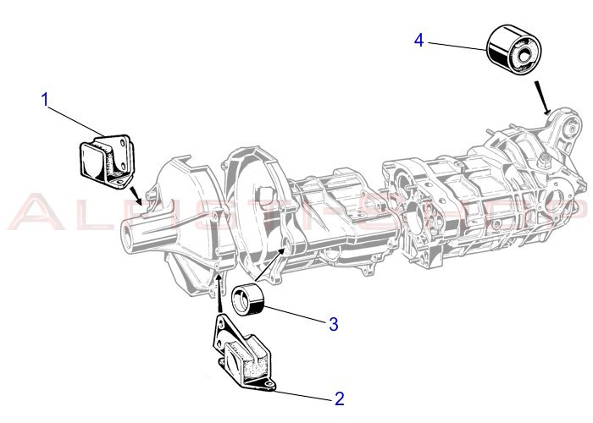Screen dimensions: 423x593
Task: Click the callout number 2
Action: tap(339, 398)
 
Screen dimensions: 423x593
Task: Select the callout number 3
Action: tap(334, 323)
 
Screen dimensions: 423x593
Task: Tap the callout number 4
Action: tap(418, 40)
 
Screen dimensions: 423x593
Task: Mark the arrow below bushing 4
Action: tap(543, 97)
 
